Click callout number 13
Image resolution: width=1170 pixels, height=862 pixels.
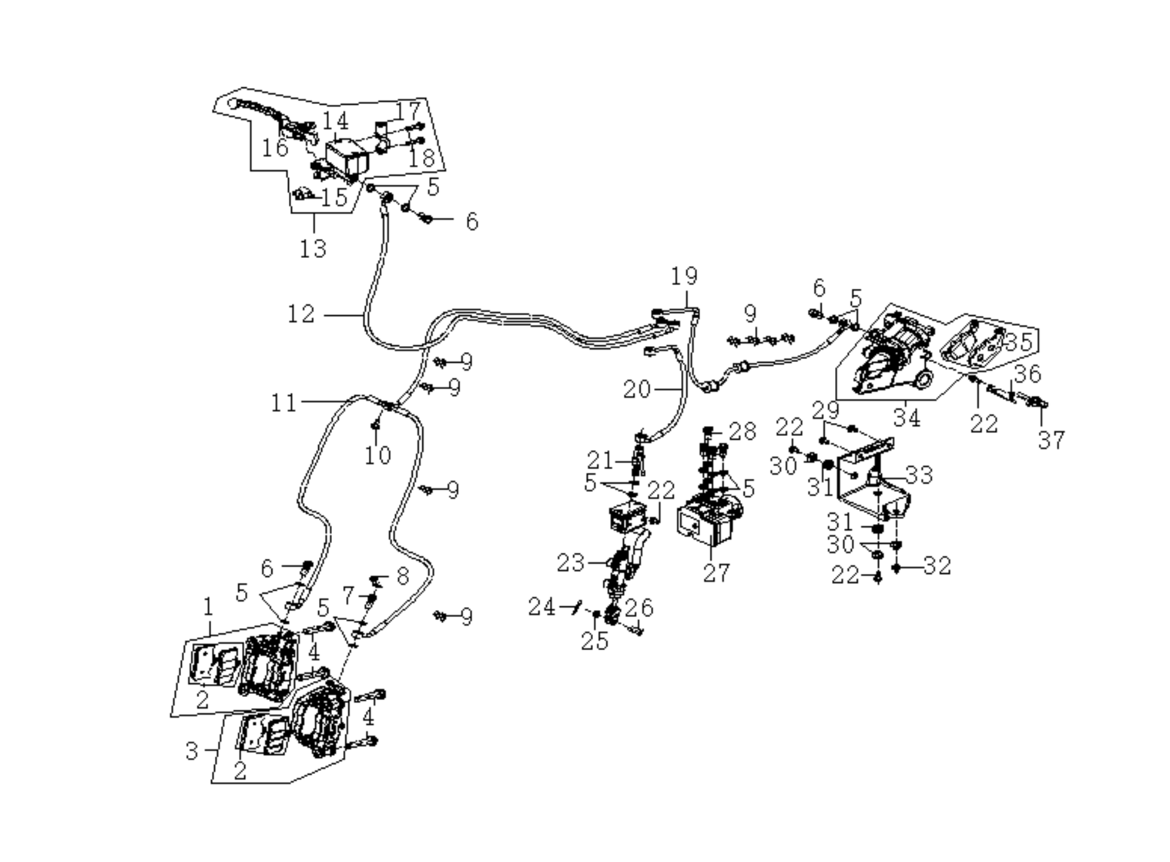(x=313, y=249)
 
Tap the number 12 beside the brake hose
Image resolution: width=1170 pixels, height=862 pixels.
(x=301, y=315)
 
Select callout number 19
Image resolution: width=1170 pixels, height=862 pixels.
(x=684, y=276)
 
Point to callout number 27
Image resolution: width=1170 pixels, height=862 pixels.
(x=716, y=573)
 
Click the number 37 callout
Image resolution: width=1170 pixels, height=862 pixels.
(x=1051, y=440)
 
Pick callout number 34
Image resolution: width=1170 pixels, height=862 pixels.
(x=907, y=418)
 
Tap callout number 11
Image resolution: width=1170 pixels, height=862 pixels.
(x=284, y=403)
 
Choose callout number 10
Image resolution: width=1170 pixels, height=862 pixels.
(x=377, y=456)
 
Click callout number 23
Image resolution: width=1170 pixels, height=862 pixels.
(x=571, y=563)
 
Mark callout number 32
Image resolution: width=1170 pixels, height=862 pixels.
(x=937, y=566)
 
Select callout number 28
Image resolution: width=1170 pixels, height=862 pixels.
(x=742, y=432)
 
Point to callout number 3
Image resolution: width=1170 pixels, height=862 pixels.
(x=192, y=751)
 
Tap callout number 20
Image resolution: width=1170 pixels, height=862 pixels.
(x=637, y=389)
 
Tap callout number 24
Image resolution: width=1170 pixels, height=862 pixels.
(x=543, y=608)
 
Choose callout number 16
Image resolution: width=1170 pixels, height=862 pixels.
(x=275, y=148)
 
